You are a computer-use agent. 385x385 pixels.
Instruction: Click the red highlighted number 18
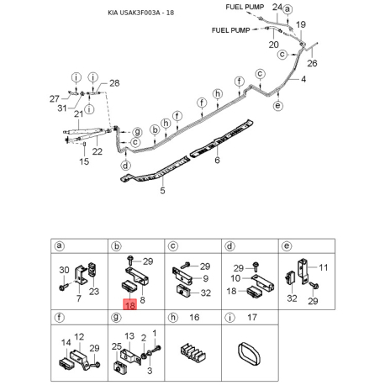(x=130, y=304)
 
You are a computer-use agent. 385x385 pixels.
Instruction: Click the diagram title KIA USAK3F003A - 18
(x=141, y=13)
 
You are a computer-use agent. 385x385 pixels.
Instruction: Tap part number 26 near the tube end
(x=312, y=63)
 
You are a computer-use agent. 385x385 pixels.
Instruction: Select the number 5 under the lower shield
(x=162, y=191)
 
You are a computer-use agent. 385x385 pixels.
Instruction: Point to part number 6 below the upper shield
(x=217, y=160)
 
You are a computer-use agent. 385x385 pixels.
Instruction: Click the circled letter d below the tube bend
(x=125, y=166)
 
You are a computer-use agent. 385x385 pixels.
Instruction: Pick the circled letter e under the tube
(x=277, y=106)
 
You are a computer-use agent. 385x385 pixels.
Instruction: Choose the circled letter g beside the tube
(x=137, y=132)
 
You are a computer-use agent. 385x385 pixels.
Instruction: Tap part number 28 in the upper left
(x=114, y=83)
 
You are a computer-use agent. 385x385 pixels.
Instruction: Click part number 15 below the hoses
(x=84, y=161)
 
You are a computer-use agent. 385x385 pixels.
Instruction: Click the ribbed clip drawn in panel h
(x=192, y=352)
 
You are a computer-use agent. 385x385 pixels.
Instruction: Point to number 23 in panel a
(x=94, y=292)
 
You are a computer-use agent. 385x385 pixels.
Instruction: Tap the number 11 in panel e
(x=323, y=267)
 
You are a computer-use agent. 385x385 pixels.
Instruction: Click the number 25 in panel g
(x=117, y=346)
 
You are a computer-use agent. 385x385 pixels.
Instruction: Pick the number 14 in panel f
(x=66, y=342)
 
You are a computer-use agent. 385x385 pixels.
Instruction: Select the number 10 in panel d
(x=235, y=278)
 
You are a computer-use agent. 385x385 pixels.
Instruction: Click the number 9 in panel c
(x=205, y=278)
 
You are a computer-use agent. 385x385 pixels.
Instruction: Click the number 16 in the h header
(x=194, y=317)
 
